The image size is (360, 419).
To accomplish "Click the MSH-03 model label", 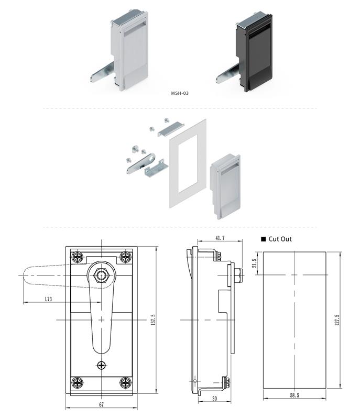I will (x=180, y=93).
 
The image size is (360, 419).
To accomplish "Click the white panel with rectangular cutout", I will (x=188, y=163).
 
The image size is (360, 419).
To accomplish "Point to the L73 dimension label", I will (x=48, y=299).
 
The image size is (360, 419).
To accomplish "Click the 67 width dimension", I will (x=101, y=404).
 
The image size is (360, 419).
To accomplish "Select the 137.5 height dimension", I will (x=152, y=319).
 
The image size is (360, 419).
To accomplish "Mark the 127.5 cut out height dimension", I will (x=336, y=319).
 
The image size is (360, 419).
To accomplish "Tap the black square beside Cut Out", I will (x=264, y=239).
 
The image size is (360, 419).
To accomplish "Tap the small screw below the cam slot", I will (x=101, y=365).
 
